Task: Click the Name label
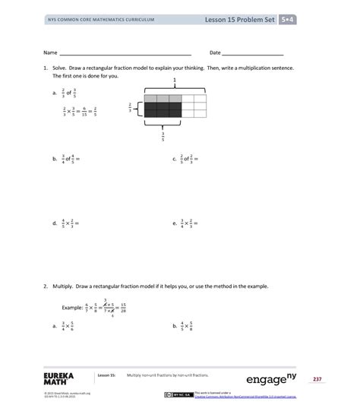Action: [50, 53]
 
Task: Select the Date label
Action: [215, 53]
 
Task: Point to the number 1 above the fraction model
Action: [175, 80]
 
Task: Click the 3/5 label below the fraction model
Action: [163, 134]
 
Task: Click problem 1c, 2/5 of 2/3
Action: [188, 160]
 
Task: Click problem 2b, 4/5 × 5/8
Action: [185, 326]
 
